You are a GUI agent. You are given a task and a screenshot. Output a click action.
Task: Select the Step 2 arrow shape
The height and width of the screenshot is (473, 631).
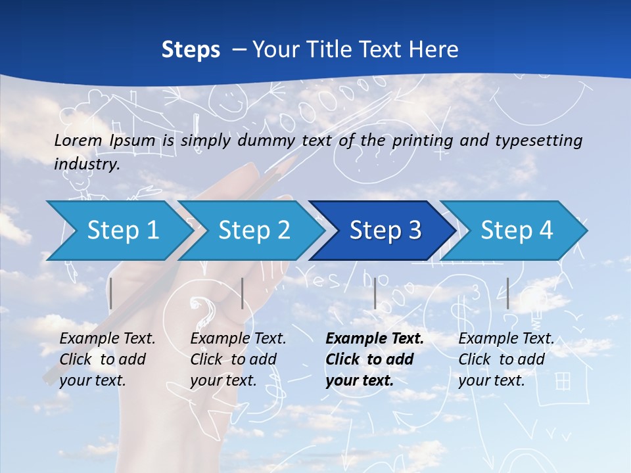click(253, 231)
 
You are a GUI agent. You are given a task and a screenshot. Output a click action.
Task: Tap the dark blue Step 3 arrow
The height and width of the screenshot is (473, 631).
click(385, 231)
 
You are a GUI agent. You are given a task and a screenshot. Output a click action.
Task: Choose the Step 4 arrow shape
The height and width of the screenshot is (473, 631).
click(516, 231)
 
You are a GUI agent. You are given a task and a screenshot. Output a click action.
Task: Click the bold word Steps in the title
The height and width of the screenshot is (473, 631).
click(191, 49)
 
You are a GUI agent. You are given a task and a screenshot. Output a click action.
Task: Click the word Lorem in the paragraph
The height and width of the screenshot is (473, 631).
click(78, 140)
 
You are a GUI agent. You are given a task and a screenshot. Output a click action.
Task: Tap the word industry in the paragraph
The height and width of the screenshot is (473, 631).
click(86, 164)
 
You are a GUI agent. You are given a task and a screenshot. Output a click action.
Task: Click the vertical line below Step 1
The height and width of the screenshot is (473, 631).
click(111, 293)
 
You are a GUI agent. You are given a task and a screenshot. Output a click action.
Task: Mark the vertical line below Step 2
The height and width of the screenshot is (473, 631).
click(243, 293)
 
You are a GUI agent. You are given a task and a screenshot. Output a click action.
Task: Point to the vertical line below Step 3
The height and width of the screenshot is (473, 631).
click(375, 293)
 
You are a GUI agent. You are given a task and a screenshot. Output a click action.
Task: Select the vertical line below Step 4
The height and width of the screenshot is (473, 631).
click(507, 293)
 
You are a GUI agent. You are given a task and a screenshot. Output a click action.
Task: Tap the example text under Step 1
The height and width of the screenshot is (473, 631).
click(107, 359)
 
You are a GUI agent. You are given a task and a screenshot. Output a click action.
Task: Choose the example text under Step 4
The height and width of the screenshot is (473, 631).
click(506, 359)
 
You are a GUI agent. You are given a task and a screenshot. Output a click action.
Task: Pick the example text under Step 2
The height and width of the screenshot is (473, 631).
click(238, 359)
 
